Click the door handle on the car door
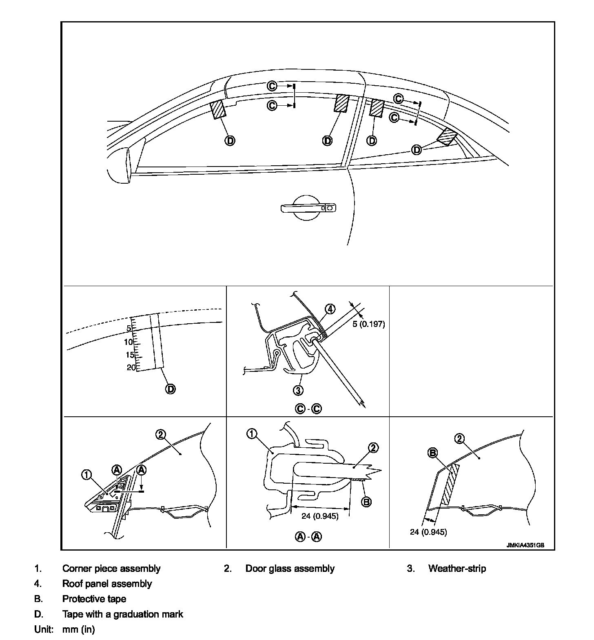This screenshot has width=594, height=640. (308, 208)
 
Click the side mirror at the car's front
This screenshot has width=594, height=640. (119, 165)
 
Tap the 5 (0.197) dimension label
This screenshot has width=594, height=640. (368, 324)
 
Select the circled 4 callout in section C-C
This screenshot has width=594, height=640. (330, 309)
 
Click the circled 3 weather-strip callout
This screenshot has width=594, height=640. (299, 390)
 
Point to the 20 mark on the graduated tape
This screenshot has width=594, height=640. (131, 367)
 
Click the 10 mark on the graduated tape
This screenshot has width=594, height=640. (129, 342)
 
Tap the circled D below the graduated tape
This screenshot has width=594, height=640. (170, 389)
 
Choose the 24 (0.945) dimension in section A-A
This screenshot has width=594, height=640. (320, 516)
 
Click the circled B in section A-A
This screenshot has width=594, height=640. (366, 502)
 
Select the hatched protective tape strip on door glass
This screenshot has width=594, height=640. (449, 485)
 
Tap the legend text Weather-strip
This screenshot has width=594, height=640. (457, 569)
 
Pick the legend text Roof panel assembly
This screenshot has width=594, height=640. (107, 584)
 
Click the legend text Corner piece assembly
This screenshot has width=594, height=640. (111, 569)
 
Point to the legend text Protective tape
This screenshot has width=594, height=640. (94, 599)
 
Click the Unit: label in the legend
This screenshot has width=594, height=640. (44, 629)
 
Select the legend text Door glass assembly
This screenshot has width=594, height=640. (290, 569)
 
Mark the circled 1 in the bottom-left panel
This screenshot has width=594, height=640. (86, 475)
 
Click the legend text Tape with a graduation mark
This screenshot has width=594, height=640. (122, 614)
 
